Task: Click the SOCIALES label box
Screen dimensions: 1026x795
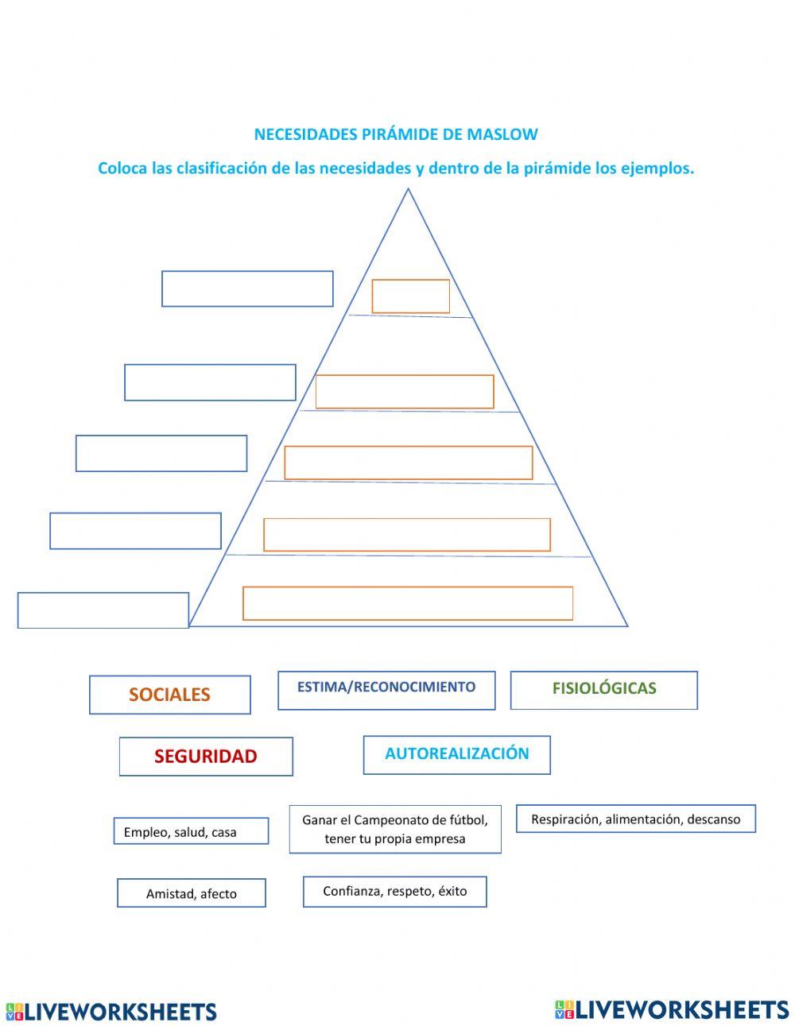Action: [x=169, y=695]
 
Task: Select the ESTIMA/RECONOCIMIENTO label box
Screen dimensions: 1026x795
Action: [x=386, y=690]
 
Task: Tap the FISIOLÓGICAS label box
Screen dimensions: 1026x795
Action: [x=603, y=690]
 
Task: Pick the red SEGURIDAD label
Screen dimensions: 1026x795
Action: [x=206, y=757]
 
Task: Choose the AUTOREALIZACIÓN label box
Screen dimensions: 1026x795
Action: [x=456, y=754]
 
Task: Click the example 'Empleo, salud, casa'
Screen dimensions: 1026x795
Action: [x=191, y=831]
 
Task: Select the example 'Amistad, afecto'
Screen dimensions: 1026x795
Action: [x=192, y=893]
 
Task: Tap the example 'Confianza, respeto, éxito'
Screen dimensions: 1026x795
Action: [x=394, y=892]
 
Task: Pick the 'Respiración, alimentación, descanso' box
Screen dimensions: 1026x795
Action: [x=635, y=819]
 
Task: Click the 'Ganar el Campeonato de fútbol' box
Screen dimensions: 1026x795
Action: [x=395, y=829]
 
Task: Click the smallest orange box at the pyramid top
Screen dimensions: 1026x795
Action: [x=411, y=296]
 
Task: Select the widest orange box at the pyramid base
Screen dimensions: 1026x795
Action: [x=408, y=603]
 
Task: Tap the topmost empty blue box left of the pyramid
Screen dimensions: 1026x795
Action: [x=247, y=288]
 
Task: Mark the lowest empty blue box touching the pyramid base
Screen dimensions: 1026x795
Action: [x=103, y=610]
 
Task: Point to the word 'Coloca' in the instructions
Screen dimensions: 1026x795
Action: [x=122, y=168]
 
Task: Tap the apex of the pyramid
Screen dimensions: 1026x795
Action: [x=409, y=190]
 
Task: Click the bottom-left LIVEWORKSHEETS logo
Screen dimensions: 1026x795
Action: [x=111, y=1012]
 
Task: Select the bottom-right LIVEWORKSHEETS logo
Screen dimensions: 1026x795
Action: [x=672, y=1009]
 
